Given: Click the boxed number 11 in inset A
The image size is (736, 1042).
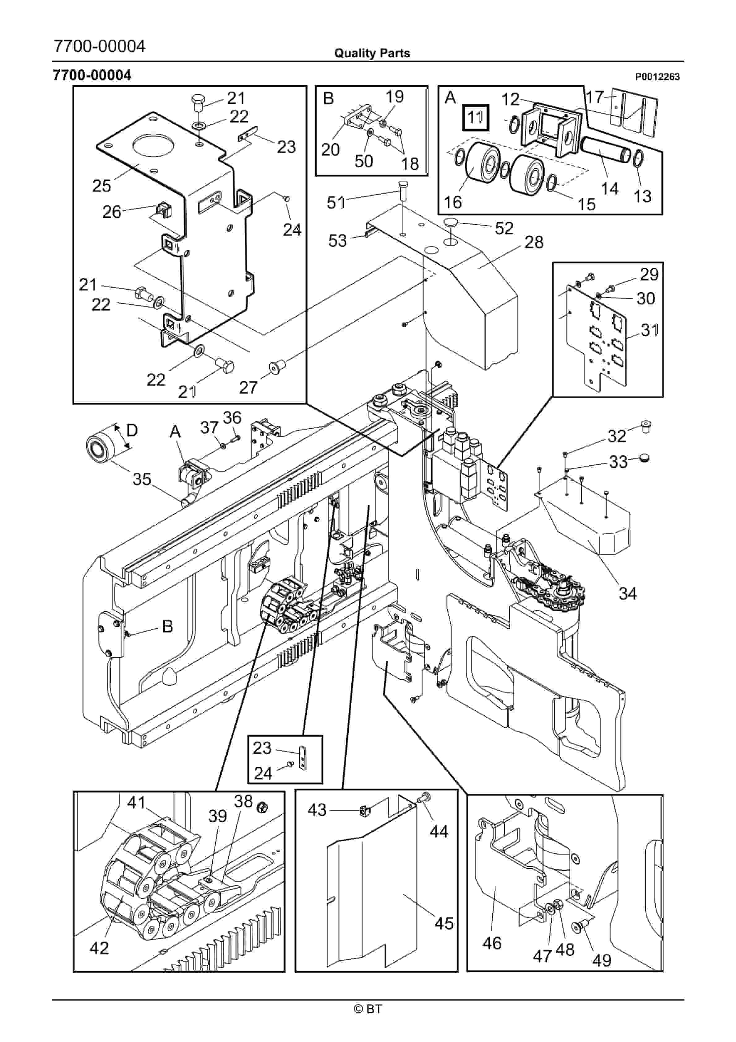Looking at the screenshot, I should pos(475,118).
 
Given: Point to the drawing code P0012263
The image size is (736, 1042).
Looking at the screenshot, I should pos(657,77).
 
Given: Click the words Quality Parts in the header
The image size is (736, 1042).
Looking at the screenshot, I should pos(372,53).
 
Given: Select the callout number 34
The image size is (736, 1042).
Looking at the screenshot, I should pos(627,593).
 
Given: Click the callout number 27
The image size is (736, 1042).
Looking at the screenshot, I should pos(248,387).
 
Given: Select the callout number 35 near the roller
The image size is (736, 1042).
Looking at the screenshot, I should pos(142,479).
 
